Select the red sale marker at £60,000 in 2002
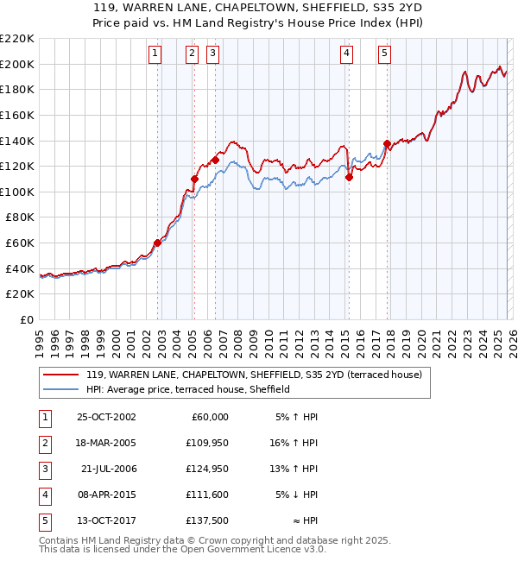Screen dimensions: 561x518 (x=158, y=243)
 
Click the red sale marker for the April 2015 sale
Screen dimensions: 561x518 (x=349, y=177)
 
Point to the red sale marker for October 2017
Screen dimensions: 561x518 (x=387, y=143)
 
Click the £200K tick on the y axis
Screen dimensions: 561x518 (x=17, y=64)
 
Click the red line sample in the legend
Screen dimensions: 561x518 (x=60, y=375)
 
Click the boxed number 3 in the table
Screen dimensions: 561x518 (x=43, y=469)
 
